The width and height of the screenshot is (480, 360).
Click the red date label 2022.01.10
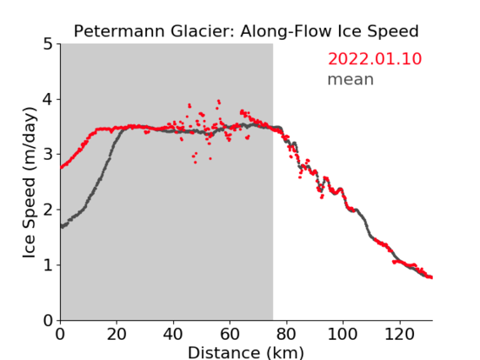[x=374, y=59]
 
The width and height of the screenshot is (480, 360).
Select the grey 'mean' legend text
[x=351, y=79]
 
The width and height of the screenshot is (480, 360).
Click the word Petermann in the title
[x=119, y=31]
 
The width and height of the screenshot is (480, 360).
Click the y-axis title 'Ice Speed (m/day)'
[x=30, y=183]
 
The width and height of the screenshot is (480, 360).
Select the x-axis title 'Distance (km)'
[x=246, y=352]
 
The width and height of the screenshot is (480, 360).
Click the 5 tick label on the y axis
[x=48, y=44]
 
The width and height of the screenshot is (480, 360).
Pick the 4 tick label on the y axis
[x=47, y=100]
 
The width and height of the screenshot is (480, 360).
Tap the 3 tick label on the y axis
[x=48, y=155]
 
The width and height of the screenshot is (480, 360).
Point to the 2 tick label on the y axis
[x=48, y=210]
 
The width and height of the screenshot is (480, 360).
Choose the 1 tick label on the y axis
[x=48, y=265]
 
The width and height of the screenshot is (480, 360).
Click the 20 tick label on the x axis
[x=117, y=334]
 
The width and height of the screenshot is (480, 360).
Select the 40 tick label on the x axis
[x=173, y=334]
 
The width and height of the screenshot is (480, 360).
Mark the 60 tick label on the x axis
[x=230, y=334]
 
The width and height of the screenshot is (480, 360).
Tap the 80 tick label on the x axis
[x=286, y=334]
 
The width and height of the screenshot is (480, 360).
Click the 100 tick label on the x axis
[x=342, y=334]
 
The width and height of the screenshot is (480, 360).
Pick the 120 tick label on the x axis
[x=399, y=334]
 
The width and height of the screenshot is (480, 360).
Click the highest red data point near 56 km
[x=219, y=101]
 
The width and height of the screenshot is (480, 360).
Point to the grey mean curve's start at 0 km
[x=63, y=226]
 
